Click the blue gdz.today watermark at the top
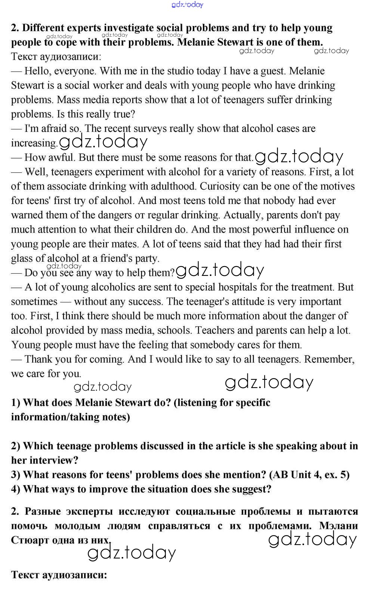(187, 4)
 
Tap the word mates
(124, 244)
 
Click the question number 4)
(16, 489)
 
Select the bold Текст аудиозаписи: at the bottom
(59, 575)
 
